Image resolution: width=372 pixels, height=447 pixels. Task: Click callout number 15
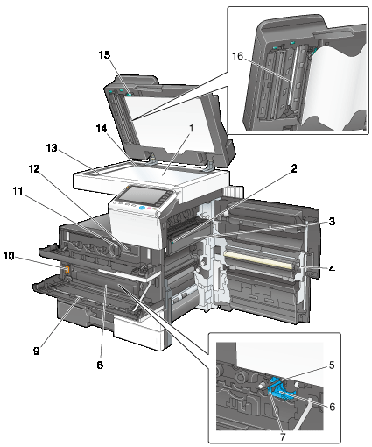[105, 54]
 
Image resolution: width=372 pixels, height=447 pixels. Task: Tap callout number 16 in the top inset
[237, 55]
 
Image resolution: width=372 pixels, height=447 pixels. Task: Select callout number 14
[102, 128]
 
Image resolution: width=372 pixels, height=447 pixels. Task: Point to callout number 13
[52, 148]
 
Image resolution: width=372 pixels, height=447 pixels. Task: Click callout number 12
[34, 168]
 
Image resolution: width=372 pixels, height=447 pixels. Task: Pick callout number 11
[18, 191]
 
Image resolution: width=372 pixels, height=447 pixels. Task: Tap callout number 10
[9, 256]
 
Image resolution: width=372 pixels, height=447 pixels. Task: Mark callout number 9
[36, 351]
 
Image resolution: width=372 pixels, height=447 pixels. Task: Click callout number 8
[100, 365]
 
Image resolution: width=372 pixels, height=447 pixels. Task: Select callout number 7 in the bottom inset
[283, 437]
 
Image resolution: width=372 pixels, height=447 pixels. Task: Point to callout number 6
[333, 407]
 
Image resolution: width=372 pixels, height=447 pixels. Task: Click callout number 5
[332, 365]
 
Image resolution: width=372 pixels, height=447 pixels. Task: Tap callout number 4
[332, 268]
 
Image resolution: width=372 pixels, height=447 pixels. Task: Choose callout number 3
[332, 222]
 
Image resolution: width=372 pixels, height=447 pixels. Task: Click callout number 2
[294, 168]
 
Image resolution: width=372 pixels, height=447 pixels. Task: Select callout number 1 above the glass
[192, 128]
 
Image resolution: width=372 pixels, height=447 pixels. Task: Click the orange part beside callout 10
[67, 270]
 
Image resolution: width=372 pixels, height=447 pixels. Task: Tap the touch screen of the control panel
[139, 195]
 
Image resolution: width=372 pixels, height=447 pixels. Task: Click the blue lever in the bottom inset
[279, 389]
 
